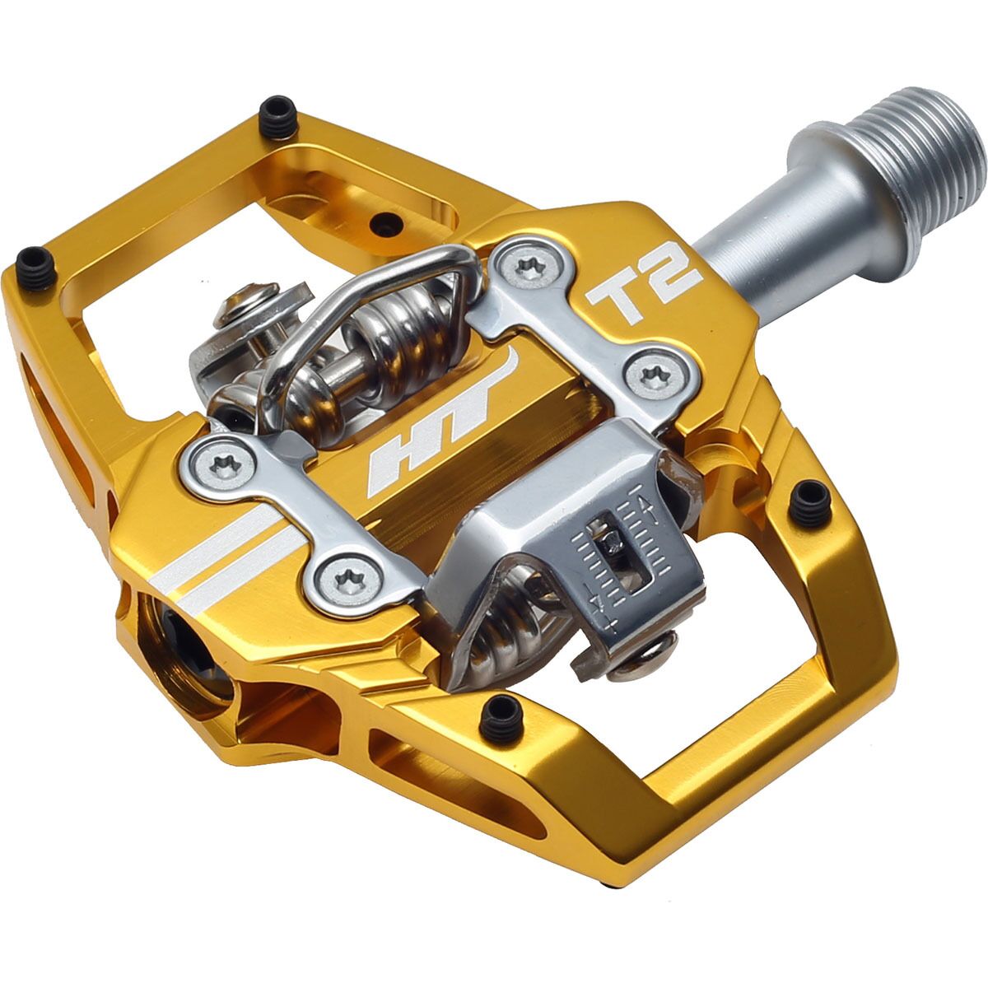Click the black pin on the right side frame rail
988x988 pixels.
809,504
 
